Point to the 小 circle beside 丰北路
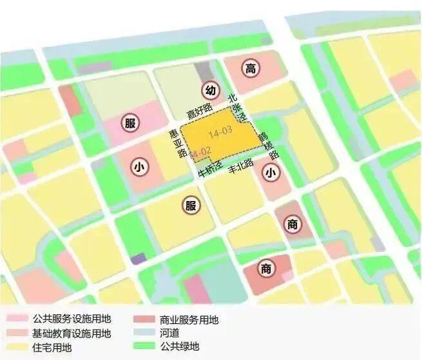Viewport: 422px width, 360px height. (271, 172)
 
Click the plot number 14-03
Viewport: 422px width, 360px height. (220, 133)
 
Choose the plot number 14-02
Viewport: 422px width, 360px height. (201, 151)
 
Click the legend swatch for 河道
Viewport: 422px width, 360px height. (146, 334)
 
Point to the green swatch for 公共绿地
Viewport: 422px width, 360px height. (146, 347)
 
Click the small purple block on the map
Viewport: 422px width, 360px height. (138, 258)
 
